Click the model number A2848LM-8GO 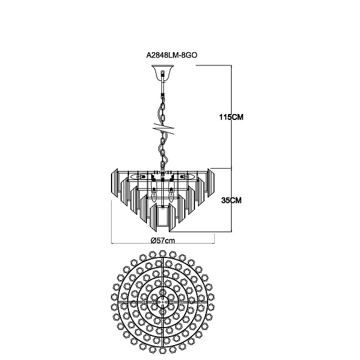(172, 55)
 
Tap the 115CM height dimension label (231, 117)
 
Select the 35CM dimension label (232, 200)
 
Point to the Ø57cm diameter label (163, 241)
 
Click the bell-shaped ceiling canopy (163, 73)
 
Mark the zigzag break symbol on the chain (163, 129)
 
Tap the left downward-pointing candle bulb (154, 195)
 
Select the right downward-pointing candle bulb (171, 195)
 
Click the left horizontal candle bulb (137, 177)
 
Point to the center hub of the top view (163, 301)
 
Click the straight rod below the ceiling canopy (163, 88)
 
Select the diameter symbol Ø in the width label (153, 241)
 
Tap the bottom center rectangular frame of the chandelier (163, 218)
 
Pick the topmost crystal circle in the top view (163, 254)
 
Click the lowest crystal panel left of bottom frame (153, 217)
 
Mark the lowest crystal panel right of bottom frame (173, 217)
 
